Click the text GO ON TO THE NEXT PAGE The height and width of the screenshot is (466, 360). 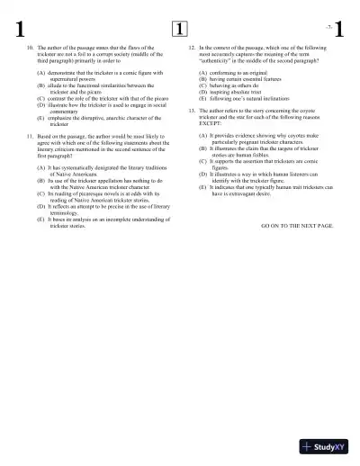[x=297, y=225]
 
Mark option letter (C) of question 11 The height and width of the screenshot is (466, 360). [x=40, y=193]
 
